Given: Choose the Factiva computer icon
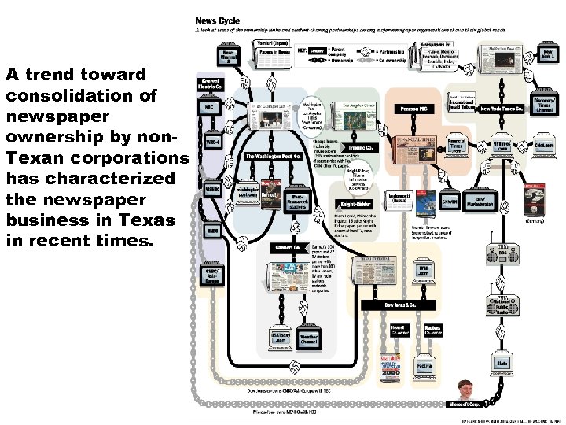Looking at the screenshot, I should [424, 364].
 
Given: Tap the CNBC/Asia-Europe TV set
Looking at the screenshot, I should [212, 275].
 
